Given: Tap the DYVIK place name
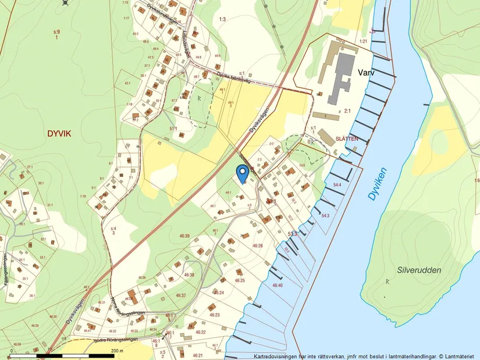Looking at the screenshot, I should [x=59, y=133].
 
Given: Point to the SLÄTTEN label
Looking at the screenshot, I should [x=347, y=139].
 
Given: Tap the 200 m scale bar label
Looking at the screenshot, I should [x=117, y=351].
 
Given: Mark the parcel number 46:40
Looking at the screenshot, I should [x=278, y=286].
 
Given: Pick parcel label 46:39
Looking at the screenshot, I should [x=184, y=236].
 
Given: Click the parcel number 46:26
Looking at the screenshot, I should [x=257, y=245].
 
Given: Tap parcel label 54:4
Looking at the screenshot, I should [x=337, y=185].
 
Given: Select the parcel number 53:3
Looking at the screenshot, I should [x=293, y=234].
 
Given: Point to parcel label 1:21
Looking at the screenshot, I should [x=364, y=41].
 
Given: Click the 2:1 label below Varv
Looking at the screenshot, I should [x=347, y=110].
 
